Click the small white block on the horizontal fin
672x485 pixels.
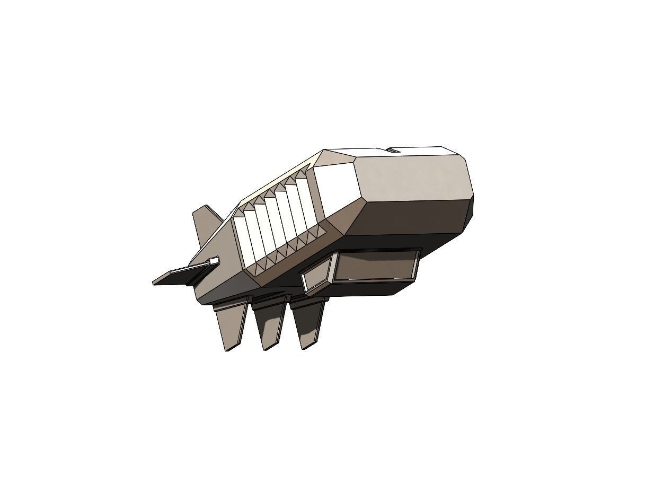tap(214, 260)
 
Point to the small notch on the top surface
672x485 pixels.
tap(393, 151)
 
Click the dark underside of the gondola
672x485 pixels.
tap(360, 289)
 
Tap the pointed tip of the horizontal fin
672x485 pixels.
tap(155, 282)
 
